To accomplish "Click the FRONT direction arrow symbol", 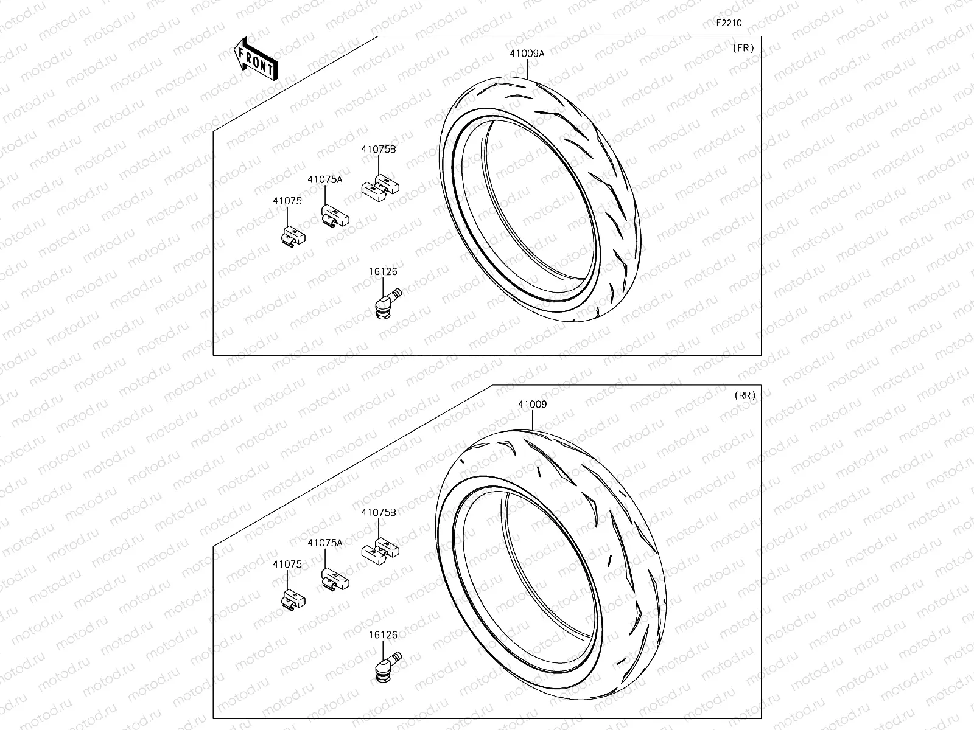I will (256, 59).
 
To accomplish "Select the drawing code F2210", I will (728, 23).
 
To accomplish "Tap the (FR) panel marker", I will (743, 48).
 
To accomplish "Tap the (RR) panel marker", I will (745, 395).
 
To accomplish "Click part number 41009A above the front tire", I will (527, 54).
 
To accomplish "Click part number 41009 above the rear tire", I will (532, 404).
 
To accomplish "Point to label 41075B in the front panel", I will (378, 149).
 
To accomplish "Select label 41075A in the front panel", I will (324, 179).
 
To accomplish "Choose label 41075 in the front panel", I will (287, 201).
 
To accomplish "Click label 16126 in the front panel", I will (382, 272).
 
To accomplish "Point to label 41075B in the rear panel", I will (378, 512).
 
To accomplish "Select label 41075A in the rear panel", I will (325, 543).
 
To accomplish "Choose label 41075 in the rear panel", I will (287, 564).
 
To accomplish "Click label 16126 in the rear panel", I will (382, 635).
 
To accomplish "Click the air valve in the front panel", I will (385, 303).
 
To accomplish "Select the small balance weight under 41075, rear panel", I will (293, 599).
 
